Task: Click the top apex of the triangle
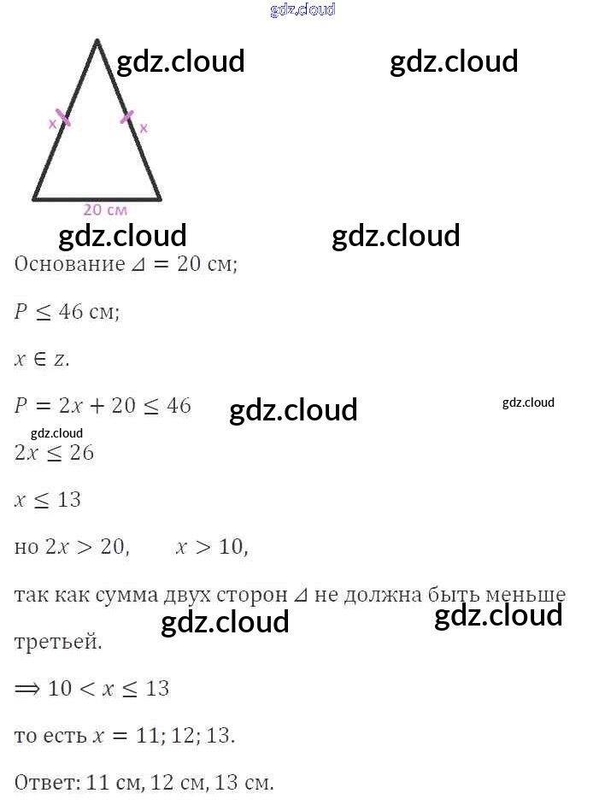point(97,40)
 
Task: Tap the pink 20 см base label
point(105,209)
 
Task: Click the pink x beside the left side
point(52,123)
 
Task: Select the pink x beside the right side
point(144,128)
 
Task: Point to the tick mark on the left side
point(62,117)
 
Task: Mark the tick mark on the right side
point(126,117)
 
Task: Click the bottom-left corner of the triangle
point(34,199)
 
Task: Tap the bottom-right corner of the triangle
point(160,199)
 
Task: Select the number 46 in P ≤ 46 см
point(71,312)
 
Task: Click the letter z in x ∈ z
point(59,359)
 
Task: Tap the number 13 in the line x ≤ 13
point(69,499)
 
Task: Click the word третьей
point(58,642)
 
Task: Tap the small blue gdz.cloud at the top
point(302,9)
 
